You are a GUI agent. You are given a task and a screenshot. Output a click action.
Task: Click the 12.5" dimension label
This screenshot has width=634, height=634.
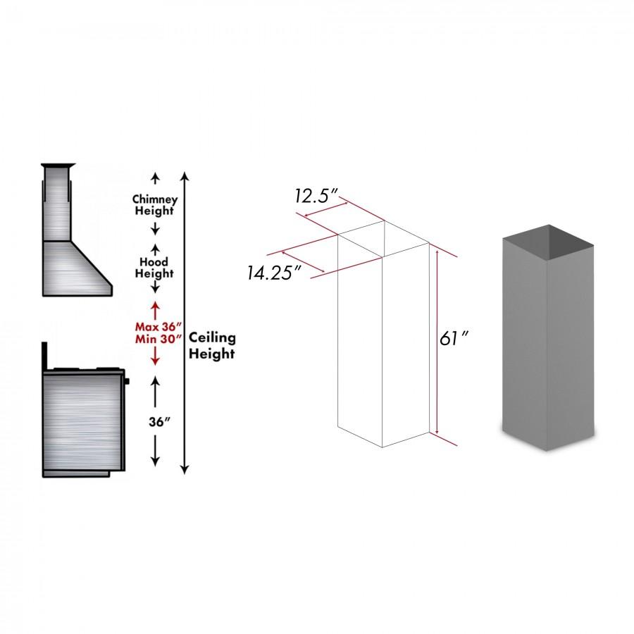pos(317,196)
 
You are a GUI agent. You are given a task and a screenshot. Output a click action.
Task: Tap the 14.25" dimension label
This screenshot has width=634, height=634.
pos(269,273)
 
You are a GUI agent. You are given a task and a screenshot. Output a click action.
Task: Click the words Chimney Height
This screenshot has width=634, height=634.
pos(154,205)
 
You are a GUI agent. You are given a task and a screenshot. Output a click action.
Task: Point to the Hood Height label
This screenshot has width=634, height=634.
pos(154,268)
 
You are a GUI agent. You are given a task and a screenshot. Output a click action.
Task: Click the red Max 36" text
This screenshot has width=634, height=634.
pos(158,327)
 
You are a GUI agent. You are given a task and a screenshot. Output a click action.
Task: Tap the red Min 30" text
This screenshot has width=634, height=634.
pos(158,340)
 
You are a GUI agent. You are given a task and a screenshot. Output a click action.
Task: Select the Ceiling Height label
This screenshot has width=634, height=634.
pos(212,346)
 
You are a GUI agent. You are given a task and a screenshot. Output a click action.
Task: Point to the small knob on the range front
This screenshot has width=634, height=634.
pos(127,381)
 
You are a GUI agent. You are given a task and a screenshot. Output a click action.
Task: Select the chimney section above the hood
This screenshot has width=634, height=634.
pos(56,204)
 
